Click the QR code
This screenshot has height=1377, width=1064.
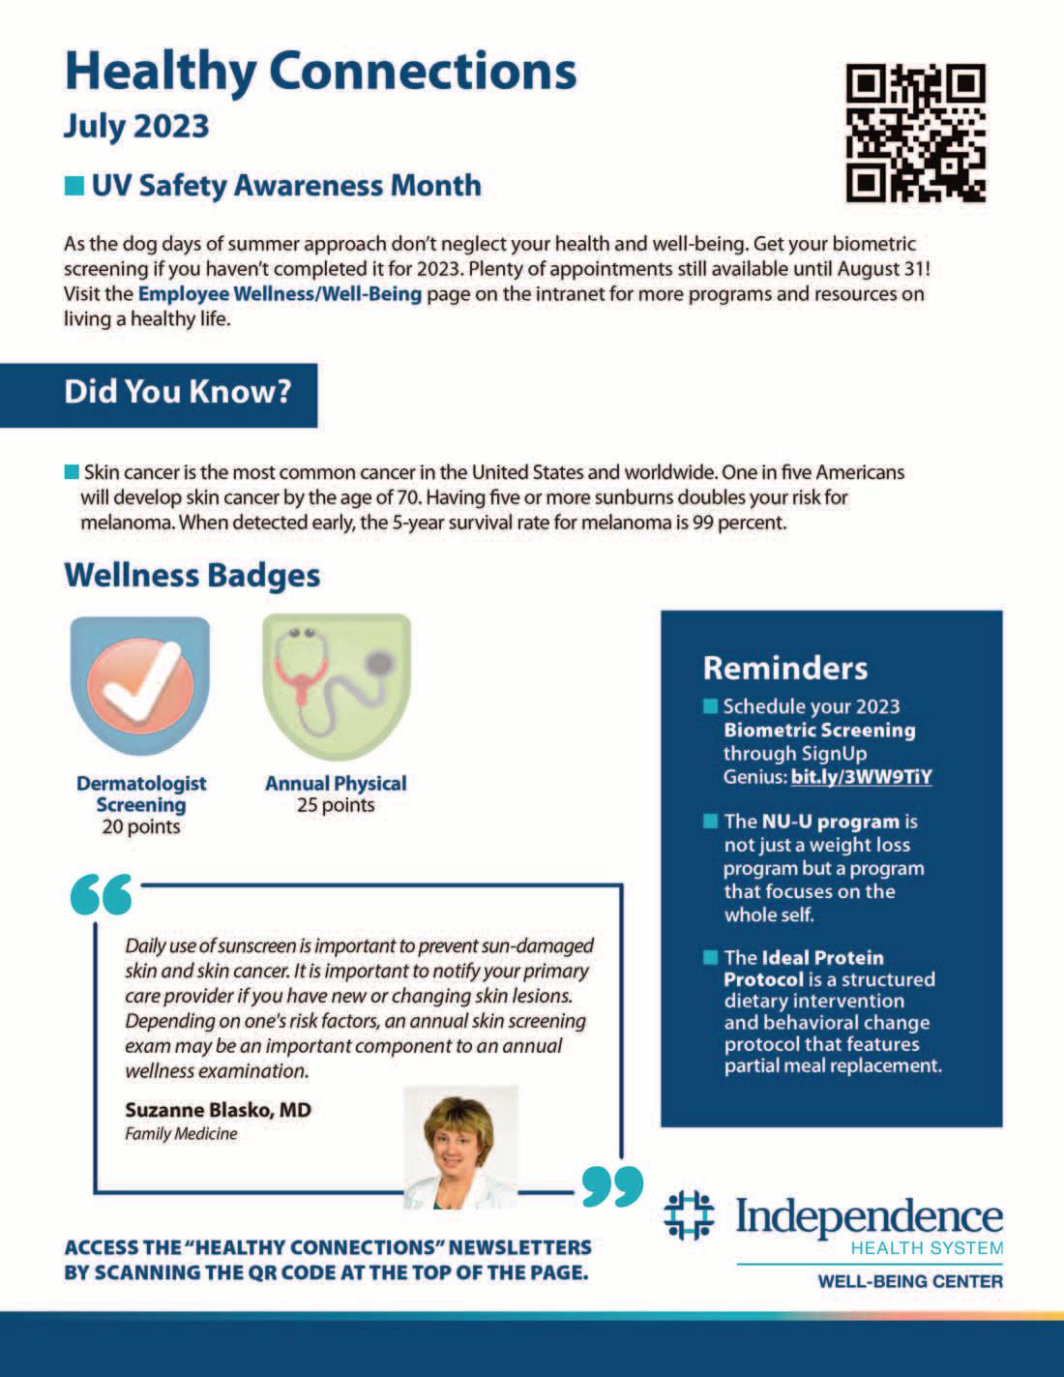(x=915, y=133)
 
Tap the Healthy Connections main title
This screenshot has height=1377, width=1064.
(x=320, y=71)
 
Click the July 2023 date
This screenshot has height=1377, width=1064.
(x=136, y=126)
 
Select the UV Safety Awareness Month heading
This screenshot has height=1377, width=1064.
(x=285, y=185)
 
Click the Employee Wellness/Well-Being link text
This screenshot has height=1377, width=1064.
(x=280, y=293)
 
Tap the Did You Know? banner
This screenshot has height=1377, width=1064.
(x=177, y=392)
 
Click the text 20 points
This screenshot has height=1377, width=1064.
(x=141, y=826)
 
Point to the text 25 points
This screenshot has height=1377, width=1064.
(x=336, y=805)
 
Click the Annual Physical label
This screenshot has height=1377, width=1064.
(x=336, y=783)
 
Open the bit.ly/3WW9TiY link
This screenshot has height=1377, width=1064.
(x=861, y=776)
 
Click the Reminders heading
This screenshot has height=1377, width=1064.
(x=784, y=668)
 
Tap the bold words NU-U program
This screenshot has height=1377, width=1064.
(x=830, y=822)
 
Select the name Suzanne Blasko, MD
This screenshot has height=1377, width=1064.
(x=218, y=1110)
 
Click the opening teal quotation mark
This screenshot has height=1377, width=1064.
(x=102, y=896)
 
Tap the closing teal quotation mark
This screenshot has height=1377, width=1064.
(x=613, y=1186)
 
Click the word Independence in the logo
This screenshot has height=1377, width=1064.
(x=869, y=1216)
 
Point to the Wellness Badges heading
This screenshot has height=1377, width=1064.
(x=192, y=575)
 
